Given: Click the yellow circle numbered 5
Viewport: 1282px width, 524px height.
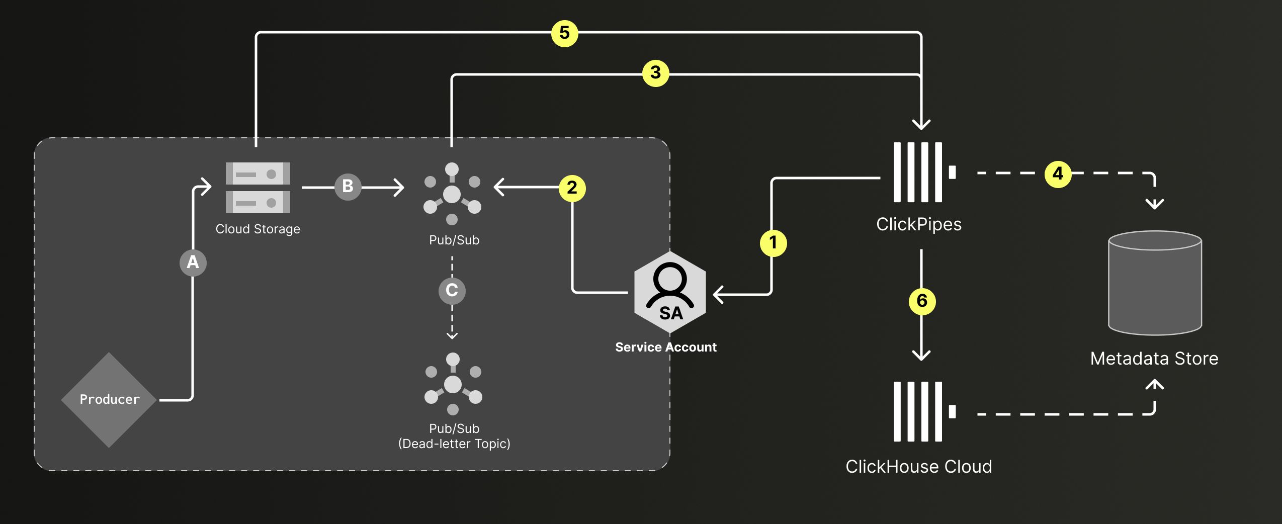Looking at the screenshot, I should [564, 33].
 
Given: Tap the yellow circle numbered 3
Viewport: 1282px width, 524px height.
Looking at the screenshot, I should [655, 73].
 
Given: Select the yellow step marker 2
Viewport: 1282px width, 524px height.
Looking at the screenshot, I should [572, 188].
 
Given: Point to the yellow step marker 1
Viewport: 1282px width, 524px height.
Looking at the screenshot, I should [773, 243].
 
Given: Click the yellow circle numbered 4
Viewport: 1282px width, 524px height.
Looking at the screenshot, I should [1058, 174].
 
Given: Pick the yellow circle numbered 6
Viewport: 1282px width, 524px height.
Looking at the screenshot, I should [922, 301].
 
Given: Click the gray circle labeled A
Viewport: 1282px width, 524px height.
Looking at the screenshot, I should [193, 263].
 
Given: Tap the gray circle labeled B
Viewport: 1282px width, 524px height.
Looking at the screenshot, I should [348, 187].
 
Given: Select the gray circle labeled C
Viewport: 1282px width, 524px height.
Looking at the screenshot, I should [452, 291].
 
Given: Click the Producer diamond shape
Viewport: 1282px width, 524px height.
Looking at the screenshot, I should [109, 400].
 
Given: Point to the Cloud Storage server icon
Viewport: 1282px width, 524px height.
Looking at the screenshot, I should [258, 188].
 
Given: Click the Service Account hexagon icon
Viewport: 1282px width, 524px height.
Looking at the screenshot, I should [670, 292].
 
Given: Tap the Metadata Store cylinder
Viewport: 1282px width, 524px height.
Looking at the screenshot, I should [1155, 283].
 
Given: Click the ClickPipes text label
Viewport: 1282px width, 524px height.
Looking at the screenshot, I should [918, 224].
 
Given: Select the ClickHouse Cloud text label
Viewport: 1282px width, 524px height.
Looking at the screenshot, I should [918, 467].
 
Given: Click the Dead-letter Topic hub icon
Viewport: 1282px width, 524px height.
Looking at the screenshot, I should [453, 385].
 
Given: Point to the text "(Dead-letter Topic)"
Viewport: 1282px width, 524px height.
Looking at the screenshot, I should [454, 444].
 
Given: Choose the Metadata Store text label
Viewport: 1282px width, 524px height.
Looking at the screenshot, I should [1154, 359].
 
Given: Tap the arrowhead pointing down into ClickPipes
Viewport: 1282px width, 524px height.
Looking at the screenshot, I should [921, 124].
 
